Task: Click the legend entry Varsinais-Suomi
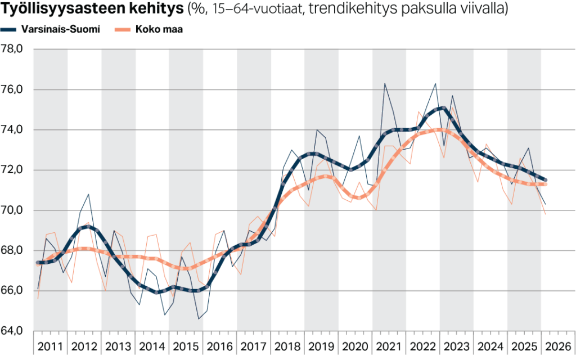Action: pos(60,29)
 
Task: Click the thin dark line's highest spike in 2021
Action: pos(385,84)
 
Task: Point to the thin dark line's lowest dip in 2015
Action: pos(199,319)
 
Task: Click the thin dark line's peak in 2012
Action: pos(89,194)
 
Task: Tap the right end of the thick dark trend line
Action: pos(546,180)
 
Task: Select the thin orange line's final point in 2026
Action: pos(545,214)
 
